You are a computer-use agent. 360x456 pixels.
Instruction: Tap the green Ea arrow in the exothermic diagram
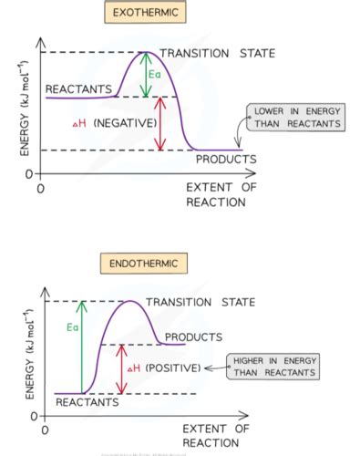click(145, 75)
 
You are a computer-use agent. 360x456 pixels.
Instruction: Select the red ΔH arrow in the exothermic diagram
click(161, 123)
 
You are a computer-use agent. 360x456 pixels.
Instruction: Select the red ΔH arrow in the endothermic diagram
click(121, 368)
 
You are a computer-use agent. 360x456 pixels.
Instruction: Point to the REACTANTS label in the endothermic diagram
click(87, 401)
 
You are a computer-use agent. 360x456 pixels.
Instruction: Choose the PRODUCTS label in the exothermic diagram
click(226, 159)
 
